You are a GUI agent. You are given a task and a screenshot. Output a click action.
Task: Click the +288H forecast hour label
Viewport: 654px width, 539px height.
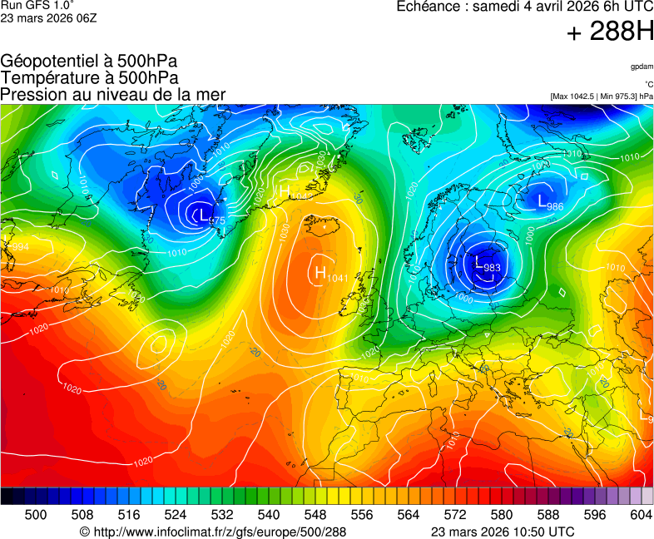click(610, 32)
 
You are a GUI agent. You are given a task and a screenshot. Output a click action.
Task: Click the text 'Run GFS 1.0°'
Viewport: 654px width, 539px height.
click(32, 5)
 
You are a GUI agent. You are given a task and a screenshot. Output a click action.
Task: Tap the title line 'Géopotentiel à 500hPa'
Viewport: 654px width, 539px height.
click(89, 62)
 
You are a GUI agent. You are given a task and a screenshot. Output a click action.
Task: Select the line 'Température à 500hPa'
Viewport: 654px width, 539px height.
click(89, 77)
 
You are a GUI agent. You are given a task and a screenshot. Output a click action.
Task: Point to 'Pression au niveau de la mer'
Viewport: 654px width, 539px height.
click(113, 94)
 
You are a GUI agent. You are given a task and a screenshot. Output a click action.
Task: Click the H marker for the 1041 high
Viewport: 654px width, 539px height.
click(320, 272)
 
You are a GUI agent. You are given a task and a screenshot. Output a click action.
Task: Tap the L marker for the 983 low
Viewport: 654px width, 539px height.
click(478, 261)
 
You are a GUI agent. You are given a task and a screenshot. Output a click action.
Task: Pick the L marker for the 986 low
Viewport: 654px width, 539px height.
click(542, 200)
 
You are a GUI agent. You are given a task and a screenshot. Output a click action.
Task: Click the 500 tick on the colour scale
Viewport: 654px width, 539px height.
click(35, 516)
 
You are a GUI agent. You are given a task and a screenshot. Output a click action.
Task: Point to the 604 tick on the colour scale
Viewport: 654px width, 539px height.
click(641, 516)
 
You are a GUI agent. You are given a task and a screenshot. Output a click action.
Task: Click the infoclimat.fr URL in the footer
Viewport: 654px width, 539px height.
click(212, 532)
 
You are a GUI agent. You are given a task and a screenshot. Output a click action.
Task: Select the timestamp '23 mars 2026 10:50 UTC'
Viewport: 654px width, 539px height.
click(503, 532)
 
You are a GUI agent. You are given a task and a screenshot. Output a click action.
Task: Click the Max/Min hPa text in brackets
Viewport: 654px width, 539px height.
click(602, 96)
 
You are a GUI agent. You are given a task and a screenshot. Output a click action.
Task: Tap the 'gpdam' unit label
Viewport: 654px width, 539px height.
click(641, 66)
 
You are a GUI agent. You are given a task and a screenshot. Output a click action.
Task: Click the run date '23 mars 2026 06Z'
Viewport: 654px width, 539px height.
click(48, 17)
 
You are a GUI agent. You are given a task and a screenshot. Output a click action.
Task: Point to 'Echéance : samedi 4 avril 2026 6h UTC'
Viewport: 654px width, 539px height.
click(525, 7)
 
